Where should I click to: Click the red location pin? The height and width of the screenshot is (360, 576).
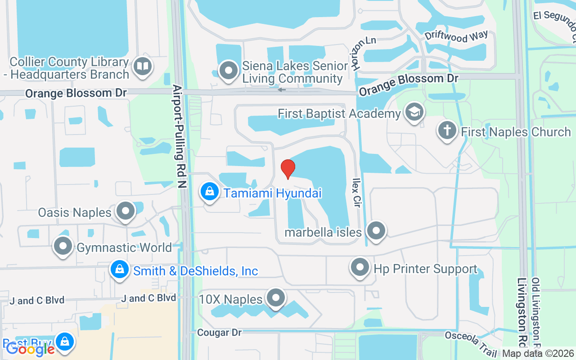pos(288,169)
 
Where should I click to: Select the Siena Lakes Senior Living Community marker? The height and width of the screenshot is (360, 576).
pos(229,71)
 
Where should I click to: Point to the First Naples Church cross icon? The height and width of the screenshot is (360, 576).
pos(447,131)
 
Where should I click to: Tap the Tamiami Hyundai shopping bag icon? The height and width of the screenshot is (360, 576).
pos(210,192)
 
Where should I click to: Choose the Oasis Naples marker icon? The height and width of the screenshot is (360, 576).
pos(126,211)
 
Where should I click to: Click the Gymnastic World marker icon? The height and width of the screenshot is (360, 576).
pos(63,246)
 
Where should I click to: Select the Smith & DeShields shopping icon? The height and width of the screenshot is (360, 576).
pos(119,270)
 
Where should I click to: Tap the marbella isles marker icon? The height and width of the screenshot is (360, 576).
pos(376,231)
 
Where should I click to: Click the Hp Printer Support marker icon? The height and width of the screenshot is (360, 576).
pos(360,268)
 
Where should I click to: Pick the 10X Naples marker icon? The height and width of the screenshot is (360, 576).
pos(276,298)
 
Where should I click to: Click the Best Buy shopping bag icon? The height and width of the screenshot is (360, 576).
pos(65,342)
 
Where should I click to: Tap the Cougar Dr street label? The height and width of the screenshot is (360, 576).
pos(220,333)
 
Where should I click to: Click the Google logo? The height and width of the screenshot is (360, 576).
pos(30,348)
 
